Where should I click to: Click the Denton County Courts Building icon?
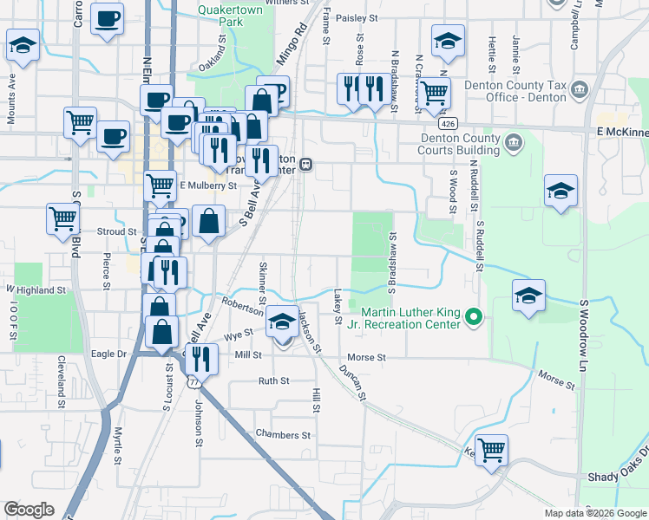tap(513, 141)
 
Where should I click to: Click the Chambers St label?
tap(283, 435)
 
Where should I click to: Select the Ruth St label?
tap(273, 381)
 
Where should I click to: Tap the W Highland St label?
tap(36, 289)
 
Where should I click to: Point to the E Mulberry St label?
tap(207, 185)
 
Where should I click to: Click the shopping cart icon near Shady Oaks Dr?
tap(491, 449)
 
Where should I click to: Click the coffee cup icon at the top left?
tap(107, 19)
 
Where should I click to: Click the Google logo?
tap(29, 509)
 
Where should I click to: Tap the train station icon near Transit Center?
tap(305, 164)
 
